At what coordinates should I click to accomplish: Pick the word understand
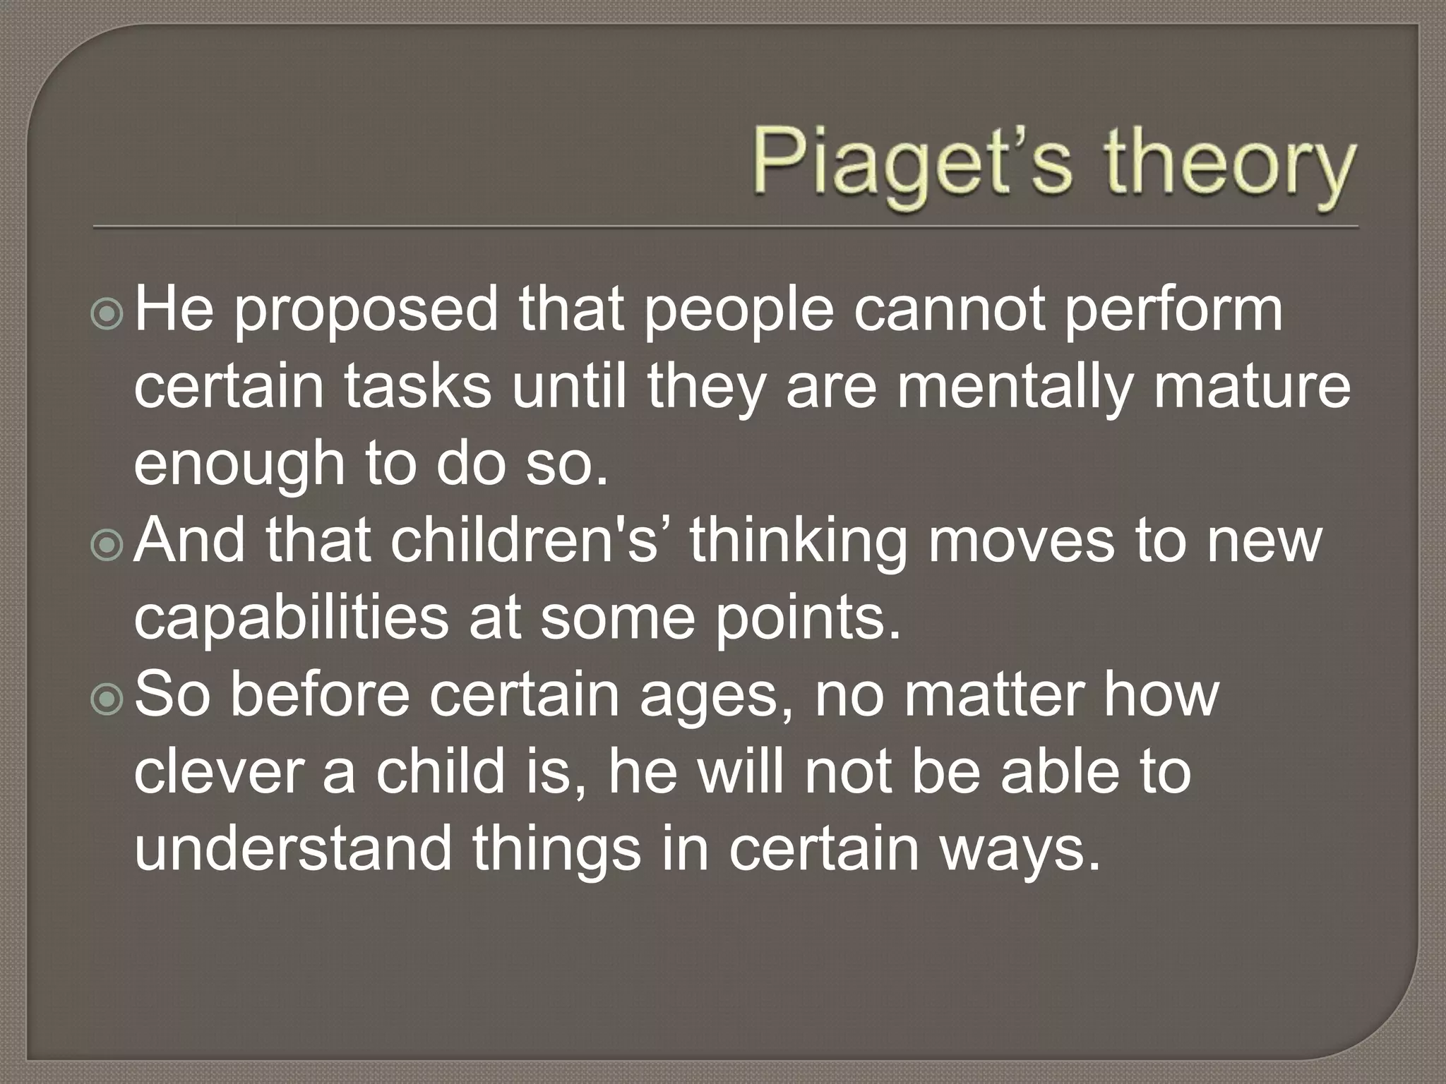[x=292, y=848]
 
